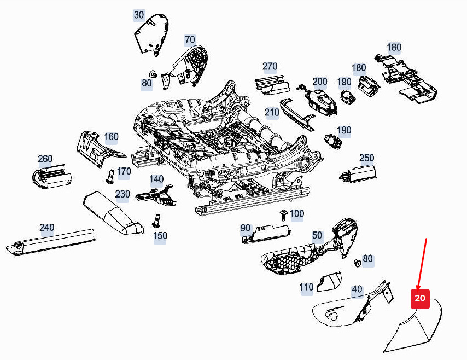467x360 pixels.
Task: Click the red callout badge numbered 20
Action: [420, 298]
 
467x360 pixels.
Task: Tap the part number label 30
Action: [139, 15]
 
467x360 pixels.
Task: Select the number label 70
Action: [190, 39]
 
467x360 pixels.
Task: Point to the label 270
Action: [270, 67]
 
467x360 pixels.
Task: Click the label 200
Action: [319, 82]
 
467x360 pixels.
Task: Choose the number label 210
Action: [272, 113]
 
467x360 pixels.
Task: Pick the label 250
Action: [366, 158]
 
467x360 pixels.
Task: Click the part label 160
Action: [111, 137]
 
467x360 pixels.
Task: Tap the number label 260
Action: [45, 159]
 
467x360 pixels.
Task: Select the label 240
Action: [47, 228]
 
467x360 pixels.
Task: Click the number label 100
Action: [297, 213]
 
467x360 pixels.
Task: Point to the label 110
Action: [306, 287]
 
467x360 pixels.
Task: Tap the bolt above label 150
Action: [156, 219]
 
